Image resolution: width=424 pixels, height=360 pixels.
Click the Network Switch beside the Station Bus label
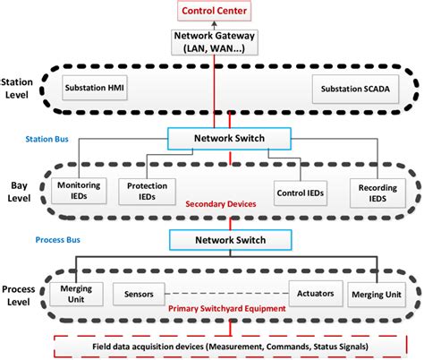pyautogui.click(x=229, y=139)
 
